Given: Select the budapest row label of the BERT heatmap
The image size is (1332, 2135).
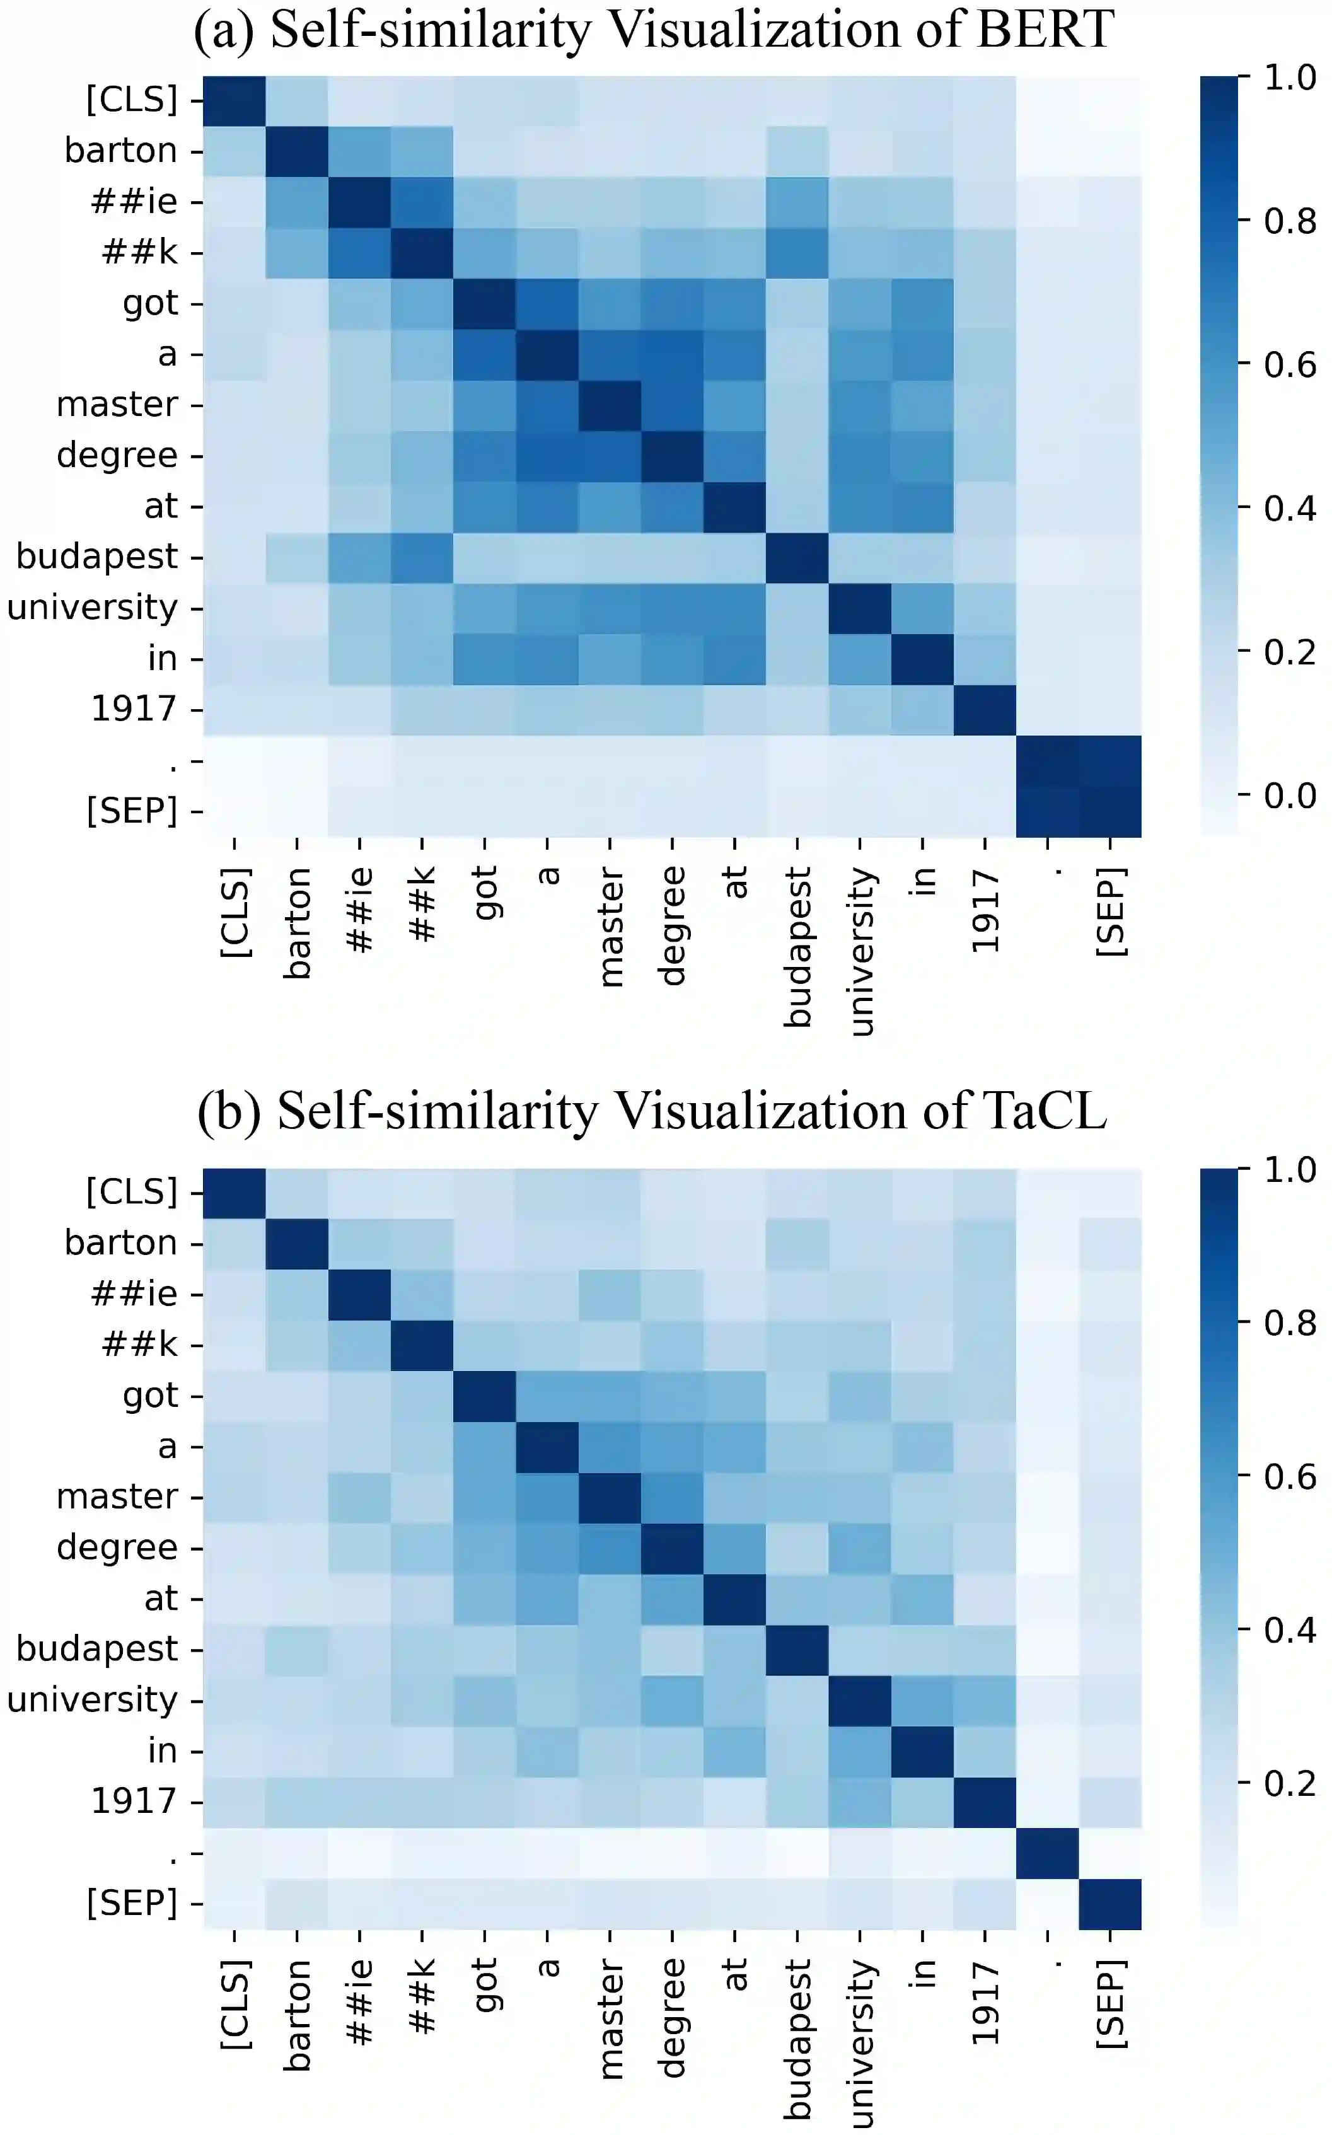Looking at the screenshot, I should [97, 557].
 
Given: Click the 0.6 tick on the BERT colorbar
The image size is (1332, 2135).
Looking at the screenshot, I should [1290, 364].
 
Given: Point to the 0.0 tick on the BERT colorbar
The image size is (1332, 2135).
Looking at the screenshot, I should [1290, 796].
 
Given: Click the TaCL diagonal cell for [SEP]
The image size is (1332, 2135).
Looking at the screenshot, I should [1110, 1904].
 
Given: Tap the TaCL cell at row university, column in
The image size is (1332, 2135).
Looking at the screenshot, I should [922, 1701].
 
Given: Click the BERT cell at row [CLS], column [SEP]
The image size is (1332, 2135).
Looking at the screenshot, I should [1110, 100].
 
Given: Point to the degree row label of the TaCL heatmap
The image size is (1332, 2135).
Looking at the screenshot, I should [116, 1548].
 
